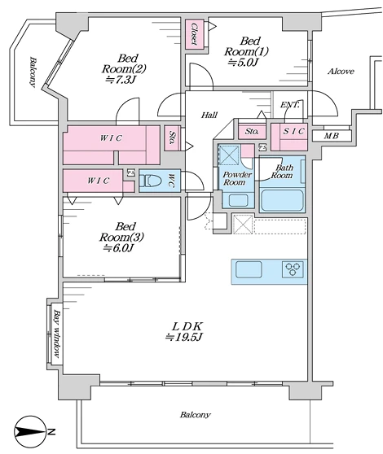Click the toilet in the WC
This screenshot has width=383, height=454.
pyautogui.click(x=150, y=181)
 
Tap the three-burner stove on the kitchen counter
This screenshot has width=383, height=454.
pyautogui.click(x=293, y=269)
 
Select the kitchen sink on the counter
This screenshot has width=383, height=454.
pyautogui.click(x=249, y=269)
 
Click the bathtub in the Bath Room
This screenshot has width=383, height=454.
pyautogui.click(x=282, y=200)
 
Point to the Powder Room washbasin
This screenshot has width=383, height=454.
pyautogui.click(x=239, y=200)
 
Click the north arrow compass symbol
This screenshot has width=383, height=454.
pyautogui.click(x=30, y=432)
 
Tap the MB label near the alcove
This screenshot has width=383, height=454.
pyautogui.click(x=332, y=136)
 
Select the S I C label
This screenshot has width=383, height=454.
pyautogui.click(x=293, y=131)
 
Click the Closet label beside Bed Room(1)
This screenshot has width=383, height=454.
pyautogui.click(x=195, y=34)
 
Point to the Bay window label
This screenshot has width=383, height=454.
pyautogui.click(x=57, y=334)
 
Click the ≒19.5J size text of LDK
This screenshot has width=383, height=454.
pyautogui.click(x=183, y=338)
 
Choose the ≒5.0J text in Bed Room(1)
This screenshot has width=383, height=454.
pyautogui.click(x=243, y=63)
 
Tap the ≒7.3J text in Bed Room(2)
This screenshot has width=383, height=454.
pyautogui.click(x=121, y=80)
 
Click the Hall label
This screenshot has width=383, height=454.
pyautogui.click(x=209, y=116)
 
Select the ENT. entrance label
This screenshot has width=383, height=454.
pyautogui.click(x=289, y=105)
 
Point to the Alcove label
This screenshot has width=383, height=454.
pyautogui.click(x=341, y=72)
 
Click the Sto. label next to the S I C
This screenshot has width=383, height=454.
pyautogui.click(x=252, y=131)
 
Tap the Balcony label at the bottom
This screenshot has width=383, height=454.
pyautogui.click(x=195, y=415)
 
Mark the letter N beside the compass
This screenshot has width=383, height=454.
pyautogui.click(x=51, y=432)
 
